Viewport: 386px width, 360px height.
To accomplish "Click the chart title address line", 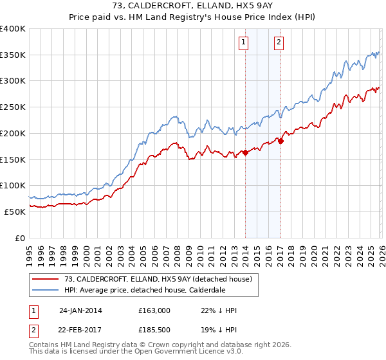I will (x=193, y=6).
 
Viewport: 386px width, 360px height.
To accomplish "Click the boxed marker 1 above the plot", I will (x=244, y=43).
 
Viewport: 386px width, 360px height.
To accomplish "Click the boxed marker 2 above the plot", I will (x=279, y=43).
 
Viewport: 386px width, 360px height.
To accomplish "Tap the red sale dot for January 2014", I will (x=245, y=152).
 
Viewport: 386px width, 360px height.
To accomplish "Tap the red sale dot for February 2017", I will (x=280, y=141).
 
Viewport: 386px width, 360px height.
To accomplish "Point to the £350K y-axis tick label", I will (x=13, y=55).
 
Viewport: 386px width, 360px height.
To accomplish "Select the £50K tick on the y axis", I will (x=15, y=212).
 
